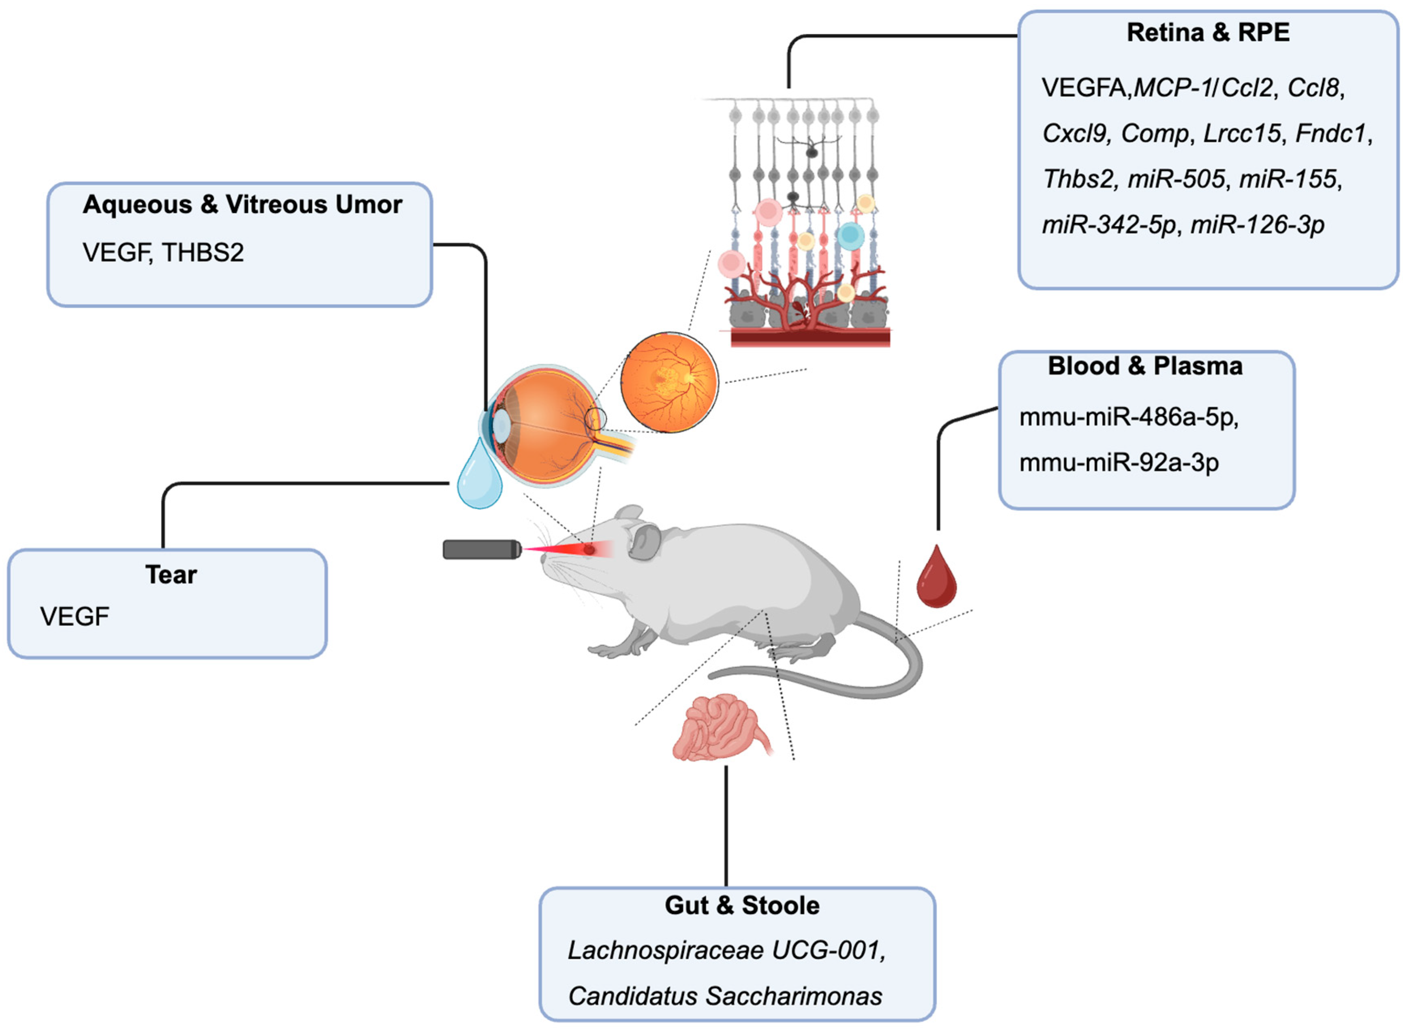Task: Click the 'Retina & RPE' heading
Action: pyautogui.click(x=1208, y=32)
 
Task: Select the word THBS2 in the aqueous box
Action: pyautogui.click(x=203, y=253)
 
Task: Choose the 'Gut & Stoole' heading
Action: pyautogui.click(x=742, y=905)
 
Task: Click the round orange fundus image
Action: pyautogui.click(x=669, y=382)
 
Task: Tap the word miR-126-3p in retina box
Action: pyautogui.click(x=1257, y=224)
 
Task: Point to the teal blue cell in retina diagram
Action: pyautogui.click(x=850, y=236)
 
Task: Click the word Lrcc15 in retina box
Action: pyautogui.click(x=1241, y=134)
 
